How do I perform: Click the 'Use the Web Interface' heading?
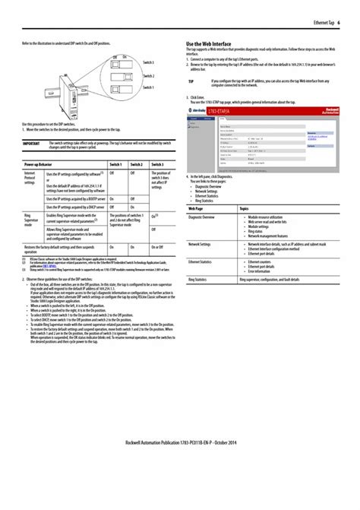(x=209, y=44)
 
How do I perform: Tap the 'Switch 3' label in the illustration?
(x=148, y=62)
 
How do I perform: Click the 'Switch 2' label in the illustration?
(x=148, y=76)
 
